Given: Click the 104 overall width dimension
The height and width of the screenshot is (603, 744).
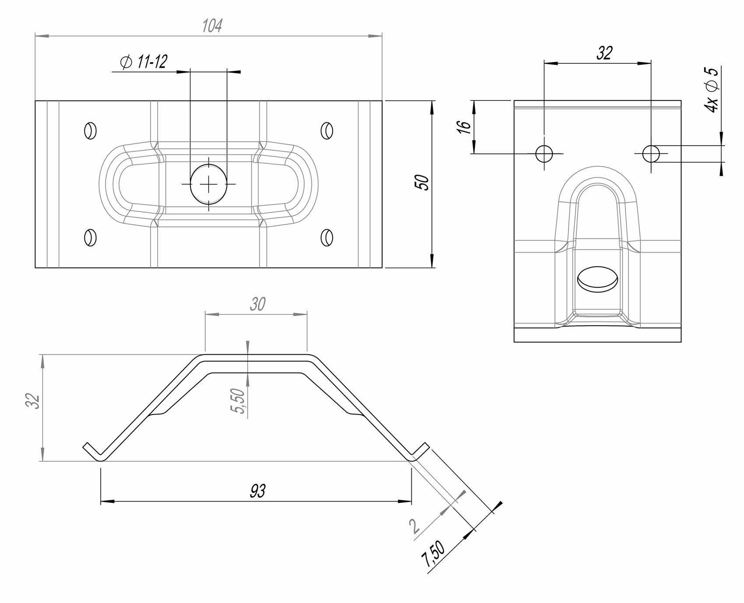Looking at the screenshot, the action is tap(212, 26).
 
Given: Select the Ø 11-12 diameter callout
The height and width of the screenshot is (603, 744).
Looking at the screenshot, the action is tap(144, 62).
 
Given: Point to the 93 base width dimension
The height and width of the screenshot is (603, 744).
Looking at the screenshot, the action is tap(258, 491).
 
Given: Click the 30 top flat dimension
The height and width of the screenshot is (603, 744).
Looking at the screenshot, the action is tap(258, 304).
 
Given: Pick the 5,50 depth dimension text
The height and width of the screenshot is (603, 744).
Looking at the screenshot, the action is tap(238, 401).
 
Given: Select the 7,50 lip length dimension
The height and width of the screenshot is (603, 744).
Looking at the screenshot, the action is tap(433, 554).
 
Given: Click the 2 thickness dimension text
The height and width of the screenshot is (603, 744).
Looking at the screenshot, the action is tap(414, 526).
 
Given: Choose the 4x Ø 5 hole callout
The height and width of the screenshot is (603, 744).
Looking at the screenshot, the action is tap(712, 90).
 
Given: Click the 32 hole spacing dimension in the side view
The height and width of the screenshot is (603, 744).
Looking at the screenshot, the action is tap(604, 53).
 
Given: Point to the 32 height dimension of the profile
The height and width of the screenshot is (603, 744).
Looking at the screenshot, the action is tap(33, 401).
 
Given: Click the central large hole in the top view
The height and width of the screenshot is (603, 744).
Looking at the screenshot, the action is tap(209, 184).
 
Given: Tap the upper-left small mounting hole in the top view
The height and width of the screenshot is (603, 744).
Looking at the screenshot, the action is tap(91, 131).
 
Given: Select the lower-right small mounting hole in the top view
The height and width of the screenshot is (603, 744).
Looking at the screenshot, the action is tap(327, 237).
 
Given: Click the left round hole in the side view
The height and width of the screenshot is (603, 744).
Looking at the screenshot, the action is tap(544, 153).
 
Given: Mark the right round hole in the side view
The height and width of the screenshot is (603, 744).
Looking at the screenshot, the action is tap(651, 153).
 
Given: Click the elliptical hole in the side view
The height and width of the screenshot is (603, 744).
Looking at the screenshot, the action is tap(597, 279).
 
